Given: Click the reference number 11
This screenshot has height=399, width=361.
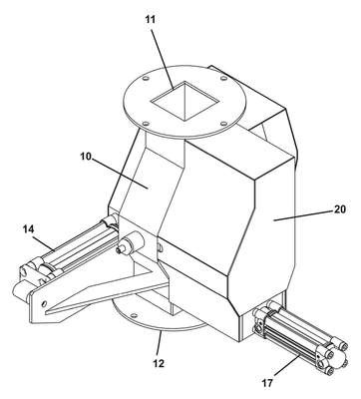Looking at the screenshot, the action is tap(150, 20).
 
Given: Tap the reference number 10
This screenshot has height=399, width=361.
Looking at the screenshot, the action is tap(86, 156).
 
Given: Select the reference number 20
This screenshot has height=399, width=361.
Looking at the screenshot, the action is tap(339, 209).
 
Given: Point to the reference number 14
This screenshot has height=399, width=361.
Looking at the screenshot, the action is tap(29, 228).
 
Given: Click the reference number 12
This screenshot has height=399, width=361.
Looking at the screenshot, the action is tap(159, 364).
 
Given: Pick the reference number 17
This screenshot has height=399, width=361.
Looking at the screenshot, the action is tap(267, 383).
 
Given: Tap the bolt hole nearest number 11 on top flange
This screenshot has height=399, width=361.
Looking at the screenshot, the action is tap(146, 79).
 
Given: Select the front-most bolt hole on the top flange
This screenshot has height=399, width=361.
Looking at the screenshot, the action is tap(146, 123).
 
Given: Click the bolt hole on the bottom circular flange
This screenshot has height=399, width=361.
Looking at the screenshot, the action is tap(134, 315).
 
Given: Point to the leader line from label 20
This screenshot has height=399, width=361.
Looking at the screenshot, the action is tap(302, 214).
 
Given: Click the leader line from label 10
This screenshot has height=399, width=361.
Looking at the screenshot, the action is tap(120, 174).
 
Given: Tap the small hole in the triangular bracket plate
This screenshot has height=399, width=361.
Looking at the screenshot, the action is tap(44, 303).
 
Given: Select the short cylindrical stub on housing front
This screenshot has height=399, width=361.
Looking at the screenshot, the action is tap(131, 242).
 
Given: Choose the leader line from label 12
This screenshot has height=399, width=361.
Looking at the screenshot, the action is tap(159, 345).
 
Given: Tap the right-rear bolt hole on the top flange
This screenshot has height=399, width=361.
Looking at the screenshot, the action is tap(224, 79).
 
